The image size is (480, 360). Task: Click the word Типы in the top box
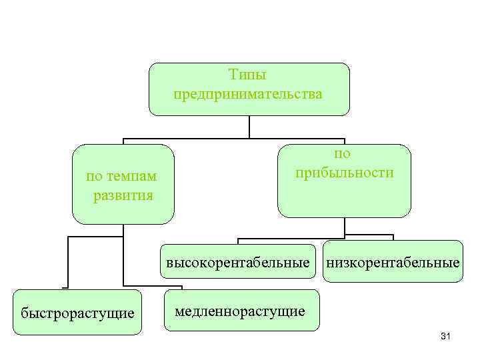pos(248,75)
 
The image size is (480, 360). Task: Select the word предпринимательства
pos(248,95)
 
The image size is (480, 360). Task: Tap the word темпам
pos(131,176)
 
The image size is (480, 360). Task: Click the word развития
pos(123,195)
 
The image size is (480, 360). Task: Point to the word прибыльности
pos(344,173)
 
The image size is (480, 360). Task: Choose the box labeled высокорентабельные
pos(238,263)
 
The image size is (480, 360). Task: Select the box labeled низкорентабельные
pos(392,263)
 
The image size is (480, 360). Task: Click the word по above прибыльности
pos(343,153)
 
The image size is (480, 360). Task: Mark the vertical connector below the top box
pos(249,127)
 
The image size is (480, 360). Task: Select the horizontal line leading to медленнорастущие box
pos(143,285)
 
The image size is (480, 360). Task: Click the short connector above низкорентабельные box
pos(393,237)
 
